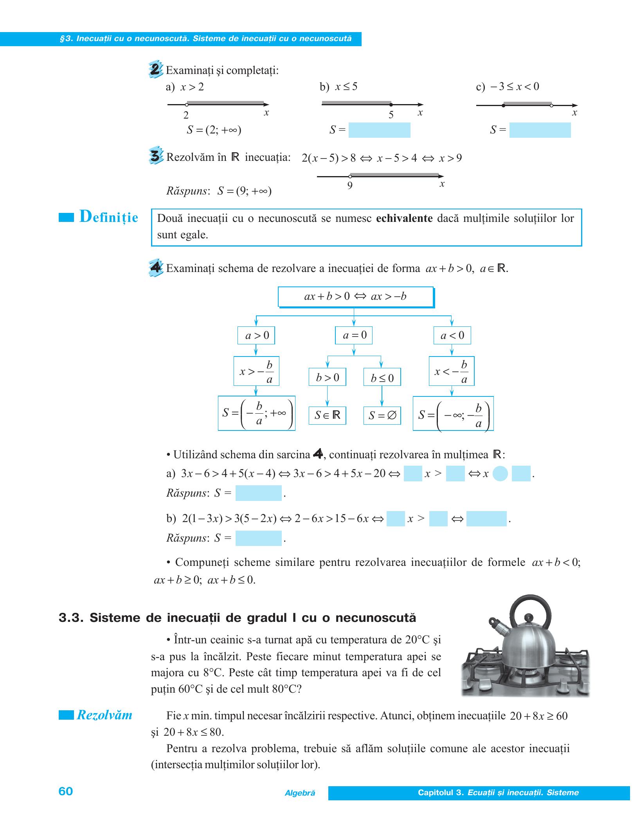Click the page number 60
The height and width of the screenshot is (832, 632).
click(66, 791)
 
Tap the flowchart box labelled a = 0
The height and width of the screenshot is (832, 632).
click(354, 335)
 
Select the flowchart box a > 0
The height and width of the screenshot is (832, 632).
click(256, 335)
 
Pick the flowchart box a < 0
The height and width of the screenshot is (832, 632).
click(452, 335)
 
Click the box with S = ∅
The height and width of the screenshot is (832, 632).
click(382, 416)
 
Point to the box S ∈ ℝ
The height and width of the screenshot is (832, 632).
click(327, 416)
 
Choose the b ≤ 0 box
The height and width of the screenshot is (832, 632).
click(382, 377)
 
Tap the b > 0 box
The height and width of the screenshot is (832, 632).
click(327, 377)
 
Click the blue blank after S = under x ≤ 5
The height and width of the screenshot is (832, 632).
click(379, 130)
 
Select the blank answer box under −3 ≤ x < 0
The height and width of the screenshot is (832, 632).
click(540, 130)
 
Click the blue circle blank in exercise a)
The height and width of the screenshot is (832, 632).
click(500, 474)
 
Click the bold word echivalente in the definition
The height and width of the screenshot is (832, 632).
click(404, 218)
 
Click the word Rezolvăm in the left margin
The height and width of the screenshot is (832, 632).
click(104, 715)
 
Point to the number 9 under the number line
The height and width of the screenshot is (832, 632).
click(350, 185)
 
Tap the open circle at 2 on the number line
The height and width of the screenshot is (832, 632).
click(187, 104)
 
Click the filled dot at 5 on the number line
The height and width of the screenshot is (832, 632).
click(391, 104)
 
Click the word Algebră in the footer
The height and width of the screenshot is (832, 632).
click(300, 793)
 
